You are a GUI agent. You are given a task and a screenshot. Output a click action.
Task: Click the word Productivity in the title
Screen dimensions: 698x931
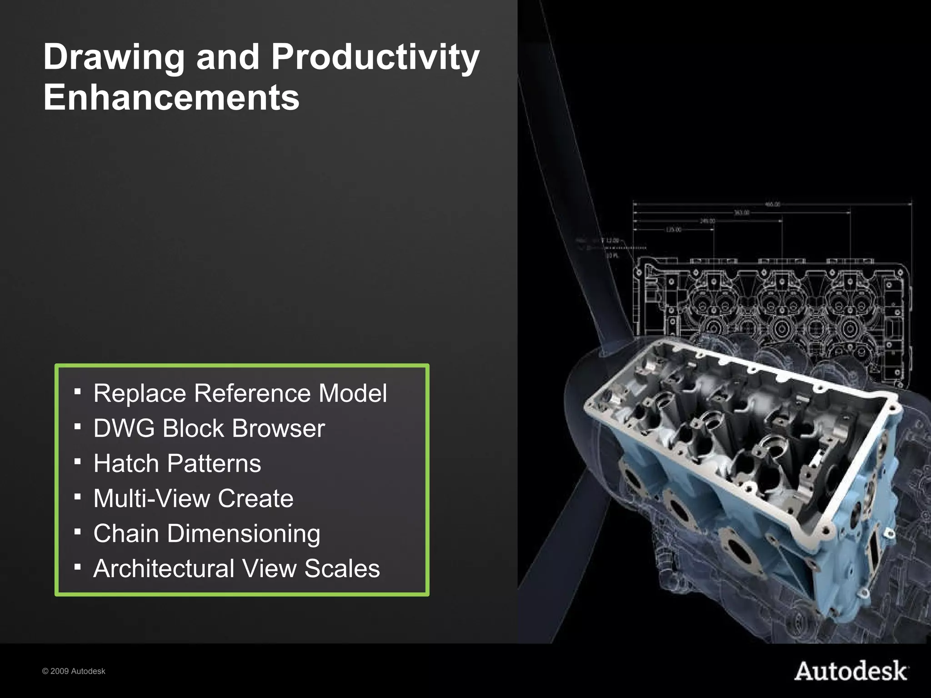[375, 58]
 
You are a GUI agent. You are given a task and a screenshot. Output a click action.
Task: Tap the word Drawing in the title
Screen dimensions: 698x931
[114, 58]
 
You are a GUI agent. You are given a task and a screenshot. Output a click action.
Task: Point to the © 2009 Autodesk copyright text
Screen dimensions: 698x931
[74, 671]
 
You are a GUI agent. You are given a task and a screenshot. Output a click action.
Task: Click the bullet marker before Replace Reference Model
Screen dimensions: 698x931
[78, 391]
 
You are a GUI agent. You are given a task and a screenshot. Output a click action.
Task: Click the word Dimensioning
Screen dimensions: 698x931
[244, 533]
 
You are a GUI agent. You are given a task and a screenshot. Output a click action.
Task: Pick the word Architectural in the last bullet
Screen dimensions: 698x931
[164, 568]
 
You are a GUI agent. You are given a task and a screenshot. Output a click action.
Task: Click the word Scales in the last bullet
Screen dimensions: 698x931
[342, 568]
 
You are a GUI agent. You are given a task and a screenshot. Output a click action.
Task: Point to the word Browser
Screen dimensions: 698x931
[278, 428]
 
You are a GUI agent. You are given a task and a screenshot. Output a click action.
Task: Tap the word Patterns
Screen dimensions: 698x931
[214, 463]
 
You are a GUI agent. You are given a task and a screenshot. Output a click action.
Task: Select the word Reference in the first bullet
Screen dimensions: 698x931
[252, 393]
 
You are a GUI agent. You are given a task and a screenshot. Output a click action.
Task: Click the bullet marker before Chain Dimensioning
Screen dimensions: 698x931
[78, 531]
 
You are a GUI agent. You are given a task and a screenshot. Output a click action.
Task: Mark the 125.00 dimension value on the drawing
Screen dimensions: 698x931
[673, 230]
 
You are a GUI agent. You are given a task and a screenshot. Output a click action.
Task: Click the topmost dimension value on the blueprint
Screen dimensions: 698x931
[772, 204]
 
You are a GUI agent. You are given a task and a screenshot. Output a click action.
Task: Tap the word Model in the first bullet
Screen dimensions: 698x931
[352, 393]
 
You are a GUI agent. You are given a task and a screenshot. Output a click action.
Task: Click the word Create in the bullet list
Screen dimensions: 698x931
[255, 498]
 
